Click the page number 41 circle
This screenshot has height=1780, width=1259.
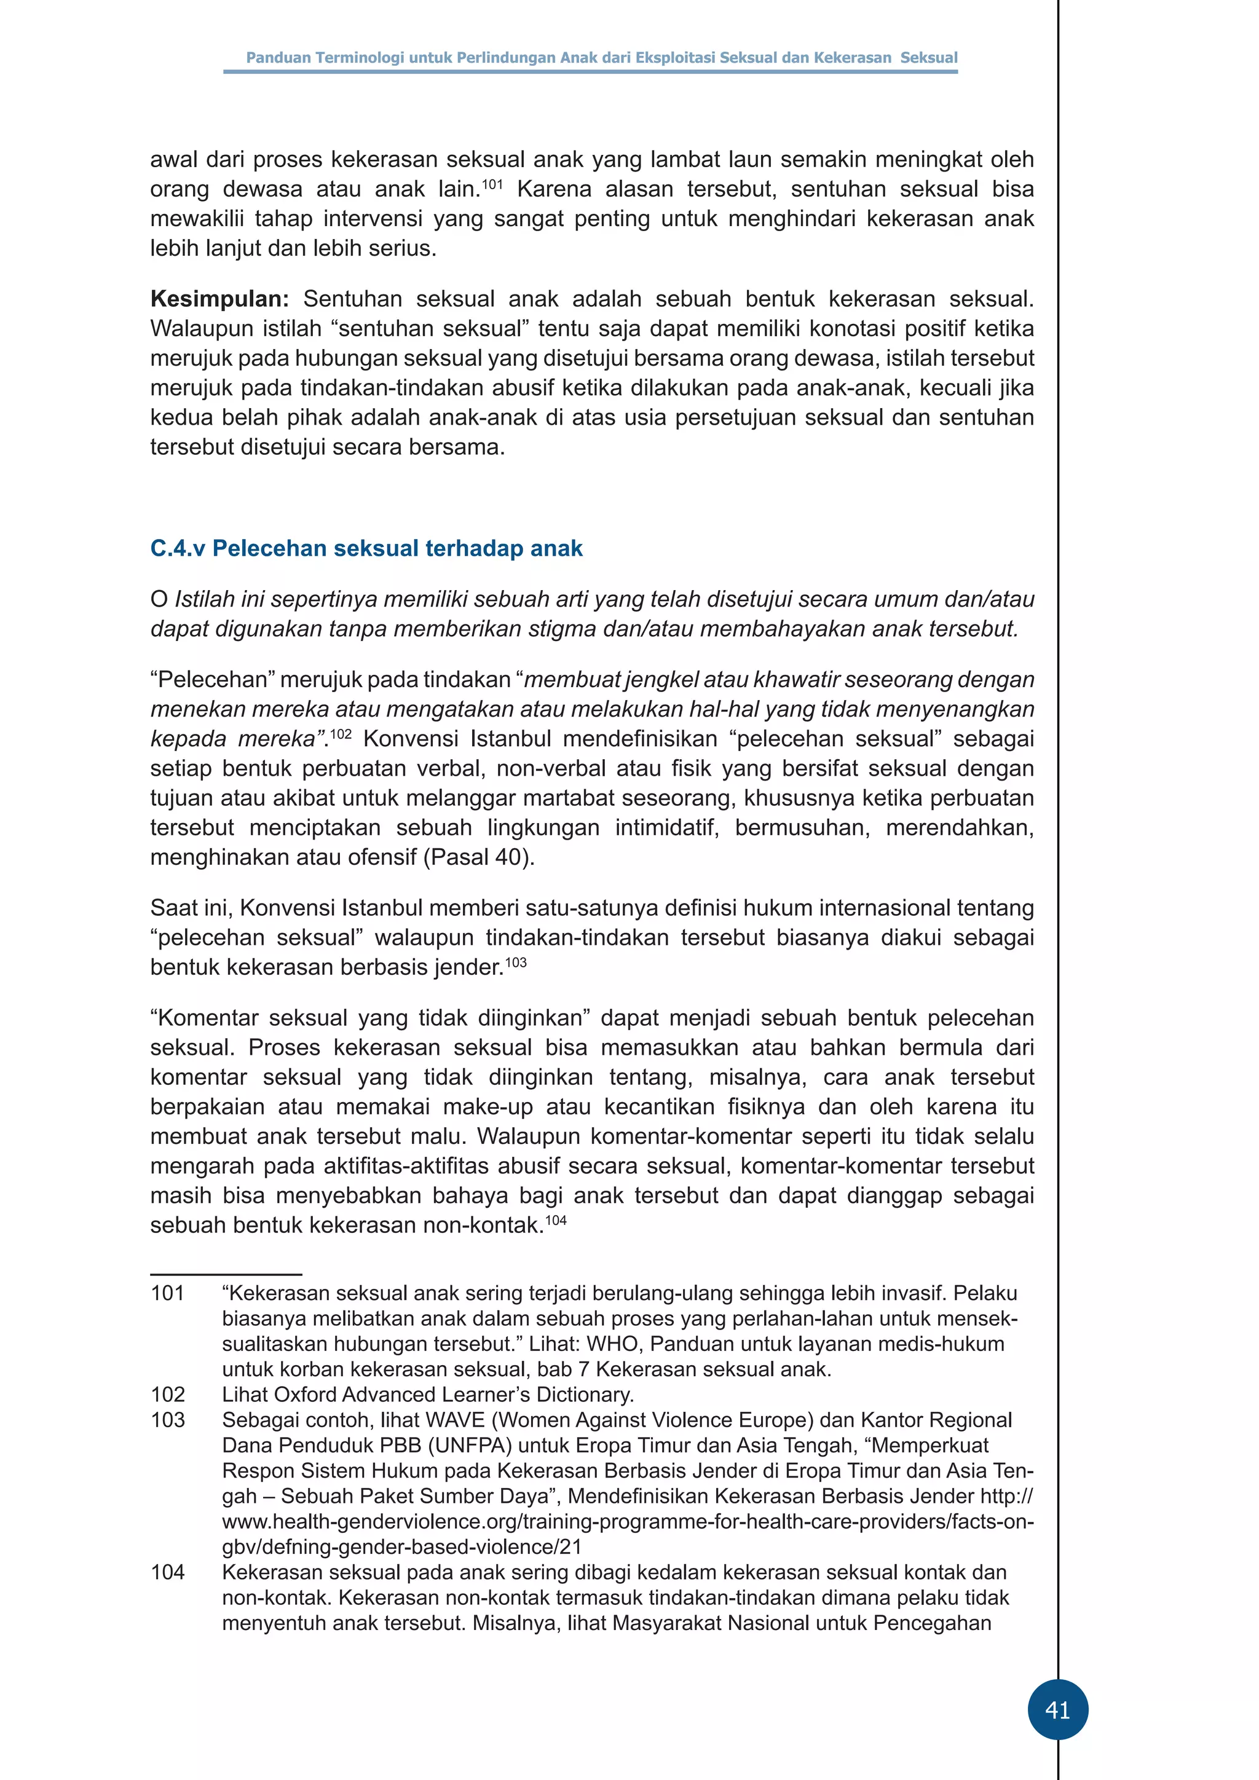click(1057, 1709)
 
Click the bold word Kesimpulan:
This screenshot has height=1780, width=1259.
click(219, 299)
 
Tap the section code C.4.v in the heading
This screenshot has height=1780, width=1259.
click(178, 549)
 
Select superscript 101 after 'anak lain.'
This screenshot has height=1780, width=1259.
click(492, 184)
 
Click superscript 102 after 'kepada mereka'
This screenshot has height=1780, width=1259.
click(341, 733)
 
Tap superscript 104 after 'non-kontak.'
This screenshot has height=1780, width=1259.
click(556, 1220)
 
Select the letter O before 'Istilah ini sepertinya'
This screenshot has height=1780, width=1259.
click(159, 599)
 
